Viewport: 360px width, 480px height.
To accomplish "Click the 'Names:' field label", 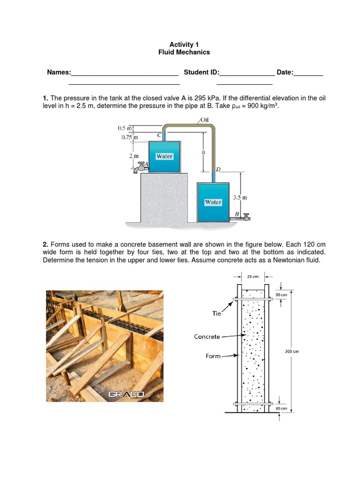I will pos(59,72).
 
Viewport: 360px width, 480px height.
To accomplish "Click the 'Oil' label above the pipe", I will pos(204,120).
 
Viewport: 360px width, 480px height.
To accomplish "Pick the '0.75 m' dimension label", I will pos(126,137).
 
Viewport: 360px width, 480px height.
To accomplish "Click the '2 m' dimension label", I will pos(134,156).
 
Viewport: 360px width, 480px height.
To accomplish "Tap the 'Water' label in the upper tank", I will pos(165,156).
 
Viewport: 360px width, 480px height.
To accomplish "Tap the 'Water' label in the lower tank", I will pos(213,202).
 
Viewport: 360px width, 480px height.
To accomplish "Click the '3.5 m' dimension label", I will pos(240,198).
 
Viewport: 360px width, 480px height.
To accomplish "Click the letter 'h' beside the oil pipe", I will pos(203,152).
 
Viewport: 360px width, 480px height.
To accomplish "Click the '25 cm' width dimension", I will pos(253,277).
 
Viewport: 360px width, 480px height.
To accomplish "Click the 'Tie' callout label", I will pos(216,314).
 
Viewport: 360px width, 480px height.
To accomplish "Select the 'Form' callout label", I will pos(213,356).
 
